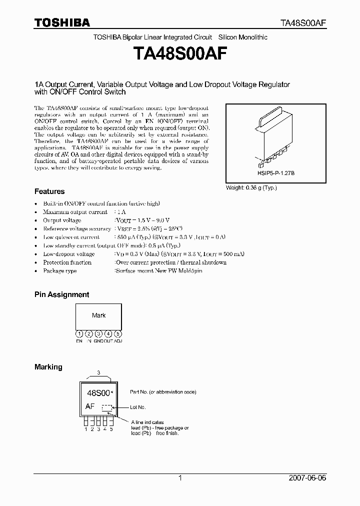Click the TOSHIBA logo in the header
pyautogui.click(x=62, y=22)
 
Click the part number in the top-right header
pyautogui.click(x=302, y=23)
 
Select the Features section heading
pyautogui.click(x=49, y=191)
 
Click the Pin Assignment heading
pyautogui.click(x=61, y=295)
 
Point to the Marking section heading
pyautogui.click(x=48, y=367)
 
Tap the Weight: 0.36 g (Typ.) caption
pyautogui.click(x=251, y=187)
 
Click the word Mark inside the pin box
pyautogui.click(x=98, y=315)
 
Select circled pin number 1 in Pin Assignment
pyautogui.click(x=79, y=333)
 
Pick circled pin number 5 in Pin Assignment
pyautogui.click(x=118, y=333)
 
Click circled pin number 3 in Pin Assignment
pyautogui.click(x=98, y=333)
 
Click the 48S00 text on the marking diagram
pyautogui.click(x=98, y=393)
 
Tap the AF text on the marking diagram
pyautogui.click(x=90, y=406)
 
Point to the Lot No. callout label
pyautogui.click(x=138, y=407)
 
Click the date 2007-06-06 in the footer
pyautogui.click(x=307, y=478)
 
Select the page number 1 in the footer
pyautogui.click(x=180, y=478)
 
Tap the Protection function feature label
pyautogui.click(x=67, y=262)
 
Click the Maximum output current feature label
pyautogui.click(x=71, y=212)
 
